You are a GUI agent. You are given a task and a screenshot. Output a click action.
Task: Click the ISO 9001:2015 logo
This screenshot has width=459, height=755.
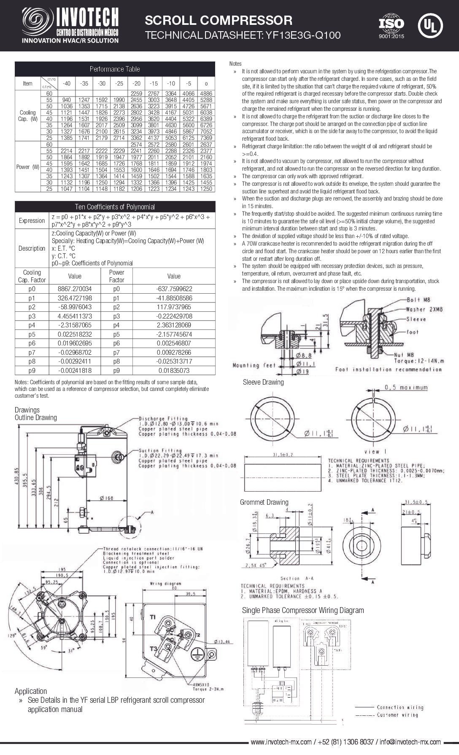[391, 26]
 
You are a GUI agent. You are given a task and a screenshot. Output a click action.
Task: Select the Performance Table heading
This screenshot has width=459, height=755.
[115, 69]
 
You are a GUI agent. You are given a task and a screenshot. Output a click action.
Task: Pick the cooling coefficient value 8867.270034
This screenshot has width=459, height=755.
[75, 289]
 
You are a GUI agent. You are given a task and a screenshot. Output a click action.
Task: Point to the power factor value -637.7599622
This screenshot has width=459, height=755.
[174, 289]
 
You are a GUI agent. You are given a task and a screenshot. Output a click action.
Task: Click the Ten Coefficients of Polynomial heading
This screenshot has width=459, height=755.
[115, 207]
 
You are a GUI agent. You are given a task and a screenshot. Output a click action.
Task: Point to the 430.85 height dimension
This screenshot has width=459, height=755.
[17, 476]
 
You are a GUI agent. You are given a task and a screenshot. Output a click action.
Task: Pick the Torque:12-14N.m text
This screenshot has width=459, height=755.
[418, 361]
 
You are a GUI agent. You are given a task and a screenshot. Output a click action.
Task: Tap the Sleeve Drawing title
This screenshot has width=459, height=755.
[263, 382]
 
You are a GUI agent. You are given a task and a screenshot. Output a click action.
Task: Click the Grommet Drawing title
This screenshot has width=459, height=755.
[264, 502]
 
